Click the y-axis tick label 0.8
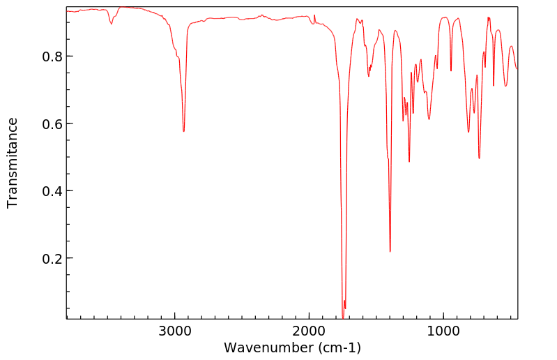pyautogui.click(x=44, y=56)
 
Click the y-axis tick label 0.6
pyautogui.click(x=44, y=123)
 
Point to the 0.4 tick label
pyautogui.click(x=44, y=190)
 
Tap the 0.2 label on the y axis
pyautogui.click(x=44, y=258)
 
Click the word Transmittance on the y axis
pyautogui.click(x=13, y=163)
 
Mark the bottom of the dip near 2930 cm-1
pyautogui.click(x=183, y=131)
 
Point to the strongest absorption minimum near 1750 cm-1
pyautogui.click(x=343, y=317)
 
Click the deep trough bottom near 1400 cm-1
pyautogui.click(x=390, y=252)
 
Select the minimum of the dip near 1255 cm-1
pyautogui.click(x=409, y=162)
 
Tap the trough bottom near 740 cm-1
pyautogui.click(x=479, y=158)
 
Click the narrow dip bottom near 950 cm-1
pyautogui.click(x=451, y=70)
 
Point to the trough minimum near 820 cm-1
pyautogui.click(x=468, y=132)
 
